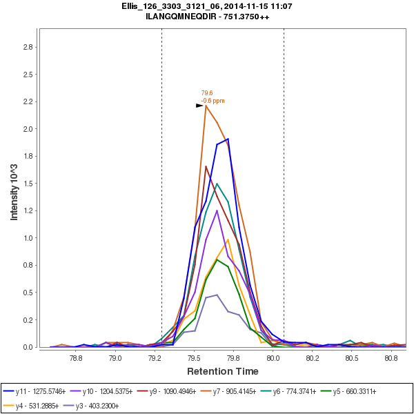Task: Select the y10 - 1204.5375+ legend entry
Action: (x=112, y=391)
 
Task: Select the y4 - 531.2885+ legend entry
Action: (x=38, y=405)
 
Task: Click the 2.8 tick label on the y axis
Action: (x=29, y=47)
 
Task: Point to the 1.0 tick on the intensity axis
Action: (x=29, y=238)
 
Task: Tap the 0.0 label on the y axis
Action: (x=29, y=347)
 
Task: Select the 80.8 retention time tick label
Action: (x=391, y=359)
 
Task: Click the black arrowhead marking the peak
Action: (x=199, y=106)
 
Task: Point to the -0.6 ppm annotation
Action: (x=213, y=101)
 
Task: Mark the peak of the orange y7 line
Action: (x=206, y=106)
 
